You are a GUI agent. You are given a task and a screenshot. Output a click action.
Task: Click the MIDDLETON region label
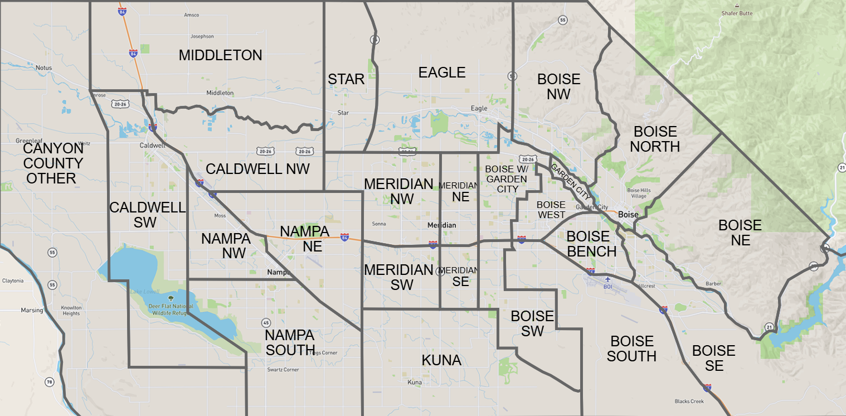pos(220,55)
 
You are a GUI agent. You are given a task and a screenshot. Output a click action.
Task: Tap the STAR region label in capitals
pos(346,80)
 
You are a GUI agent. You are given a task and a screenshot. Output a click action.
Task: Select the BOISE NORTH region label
pos(655,139)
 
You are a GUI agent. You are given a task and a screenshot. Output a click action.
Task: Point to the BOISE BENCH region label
pos(591,244)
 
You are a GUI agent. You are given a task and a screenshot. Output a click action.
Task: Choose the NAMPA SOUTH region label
pos(290,342)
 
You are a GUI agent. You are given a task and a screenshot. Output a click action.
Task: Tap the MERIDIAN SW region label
pos(398,277)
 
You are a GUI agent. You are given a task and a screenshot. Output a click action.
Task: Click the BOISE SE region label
pos(714,358)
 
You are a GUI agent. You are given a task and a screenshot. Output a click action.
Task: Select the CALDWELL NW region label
pos(257,169)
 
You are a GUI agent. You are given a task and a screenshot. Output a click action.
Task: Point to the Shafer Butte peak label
pos(737,13)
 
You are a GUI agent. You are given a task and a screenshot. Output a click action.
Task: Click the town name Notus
pos(43,68)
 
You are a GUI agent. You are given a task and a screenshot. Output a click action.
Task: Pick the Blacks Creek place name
pos(689,402)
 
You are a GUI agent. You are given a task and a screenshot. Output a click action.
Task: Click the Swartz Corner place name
pos(283,370)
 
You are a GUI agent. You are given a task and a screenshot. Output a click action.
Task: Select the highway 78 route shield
pos(50,382)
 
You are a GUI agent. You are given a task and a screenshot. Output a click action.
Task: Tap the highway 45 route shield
pos(266,323)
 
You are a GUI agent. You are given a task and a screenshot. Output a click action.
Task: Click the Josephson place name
pos(202,36)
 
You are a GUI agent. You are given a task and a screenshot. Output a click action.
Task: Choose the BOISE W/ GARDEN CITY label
pos(505,178)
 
